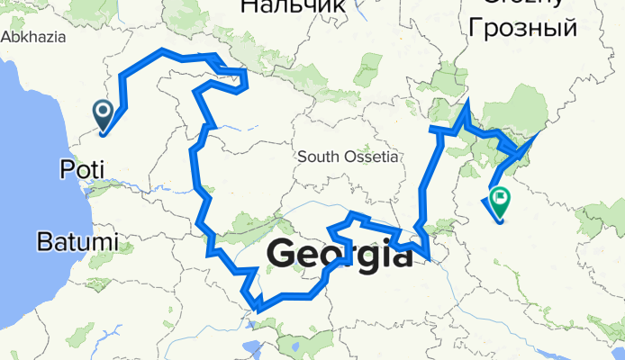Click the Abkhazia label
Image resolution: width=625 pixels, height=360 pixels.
click(x=32, y=37)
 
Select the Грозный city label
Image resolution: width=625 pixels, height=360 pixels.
click(x=520, y=27)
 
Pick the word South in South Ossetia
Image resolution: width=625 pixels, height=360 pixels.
click(x=317, y=157)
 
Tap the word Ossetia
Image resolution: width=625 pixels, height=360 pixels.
click(x=369, y=157)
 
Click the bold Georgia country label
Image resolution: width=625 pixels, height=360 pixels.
click(x=340, y=256)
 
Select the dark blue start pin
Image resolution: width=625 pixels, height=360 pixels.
click(x=103, y=115)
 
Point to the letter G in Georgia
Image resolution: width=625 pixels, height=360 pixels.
click(x=281, y=256)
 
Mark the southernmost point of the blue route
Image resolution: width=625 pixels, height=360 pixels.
click(x=258, y=310)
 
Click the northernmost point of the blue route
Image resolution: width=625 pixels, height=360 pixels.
click(x=162, y=50)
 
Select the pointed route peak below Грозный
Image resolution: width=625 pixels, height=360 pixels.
click(x=466, y=101)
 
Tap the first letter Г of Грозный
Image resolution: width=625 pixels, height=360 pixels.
click(x=469, y=27)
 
